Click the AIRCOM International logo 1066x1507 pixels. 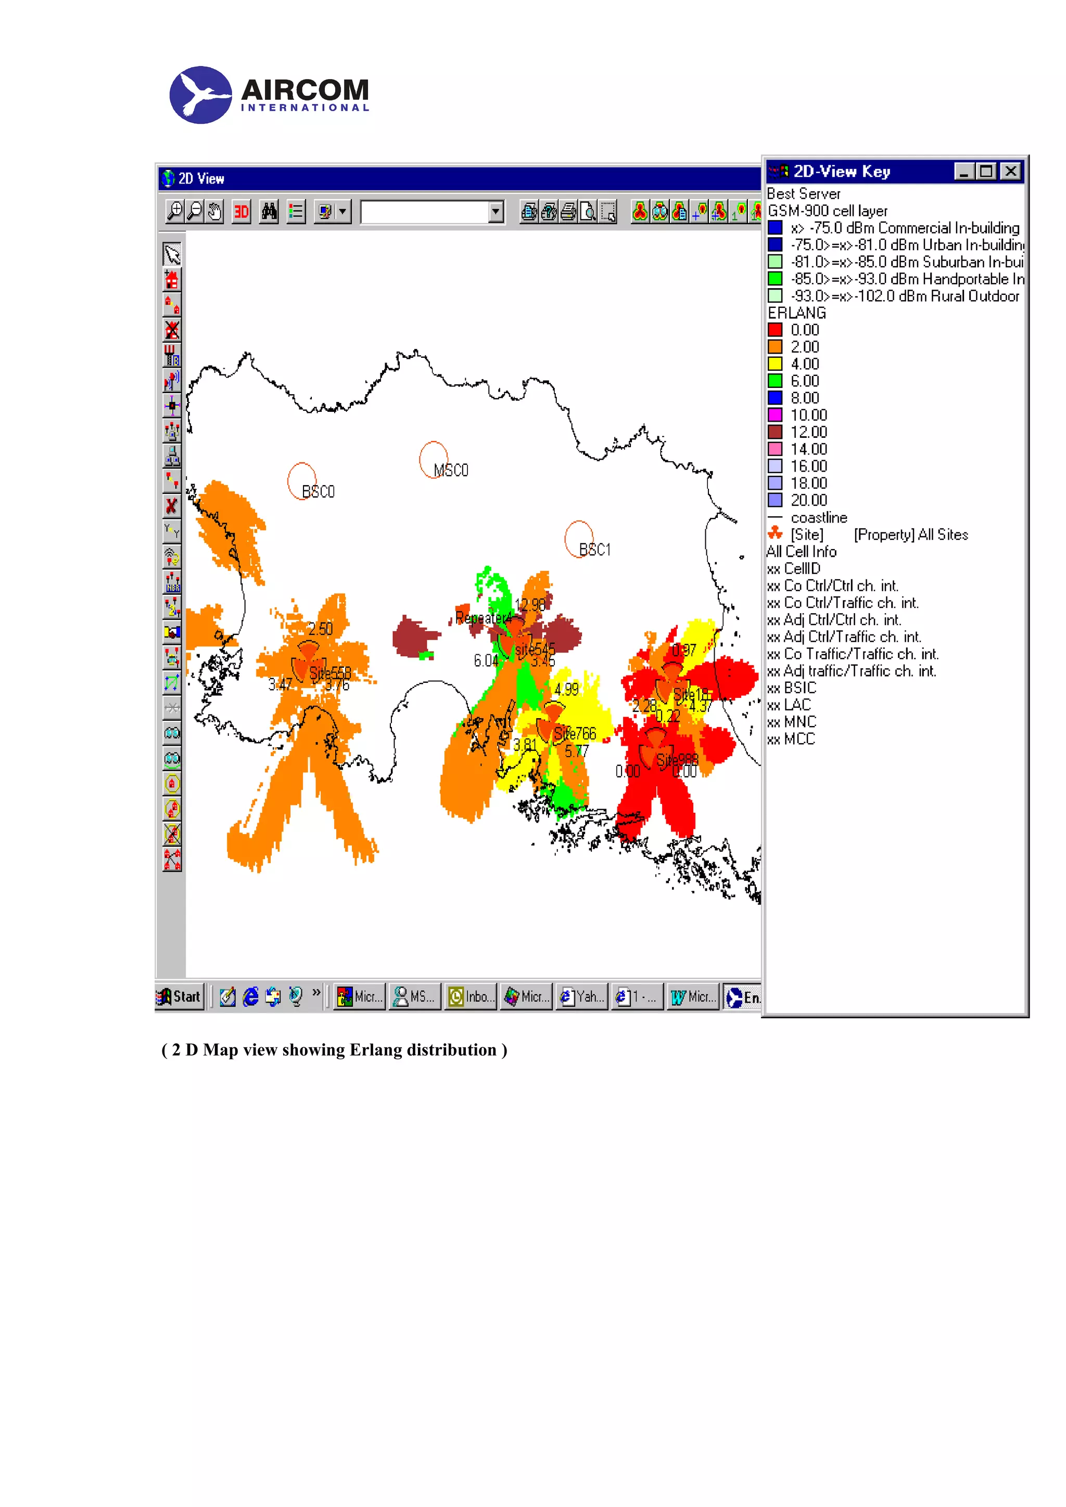click(269, 95)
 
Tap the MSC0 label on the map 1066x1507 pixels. click(451, 471)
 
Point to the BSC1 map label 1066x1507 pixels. click(594, 550)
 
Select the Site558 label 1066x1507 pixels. click(331, 673)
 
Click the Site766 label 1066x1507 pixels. click(575, 734)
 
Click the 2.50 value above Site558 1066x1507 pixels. click(320, 629)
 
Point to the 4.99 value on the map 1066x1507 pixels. click(566, 689)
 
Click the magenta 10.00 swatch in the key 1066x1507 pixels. click(775, 415)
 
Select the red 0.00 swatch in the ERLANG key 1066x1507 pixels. click(775, 330)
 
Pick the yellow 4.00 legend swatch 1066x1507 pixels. click(775, 363)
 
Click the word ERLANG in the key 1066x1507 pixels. click(797, 313)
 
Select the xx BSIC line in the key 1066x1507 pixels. click(792, 688)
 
